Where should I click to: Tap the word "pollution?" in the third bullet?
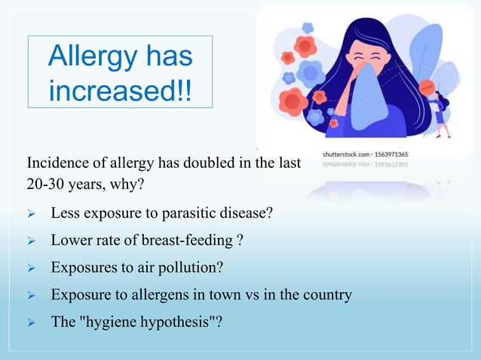pos(194,267)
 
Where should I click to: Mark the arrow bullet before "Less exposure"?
pos(32,213)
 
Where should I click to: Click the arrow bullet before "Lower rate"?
pos(32,241)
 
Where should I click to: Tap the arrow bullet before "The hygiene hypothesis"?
pos(32,322)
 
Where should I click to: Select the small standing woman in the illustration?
pos(440,113)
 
